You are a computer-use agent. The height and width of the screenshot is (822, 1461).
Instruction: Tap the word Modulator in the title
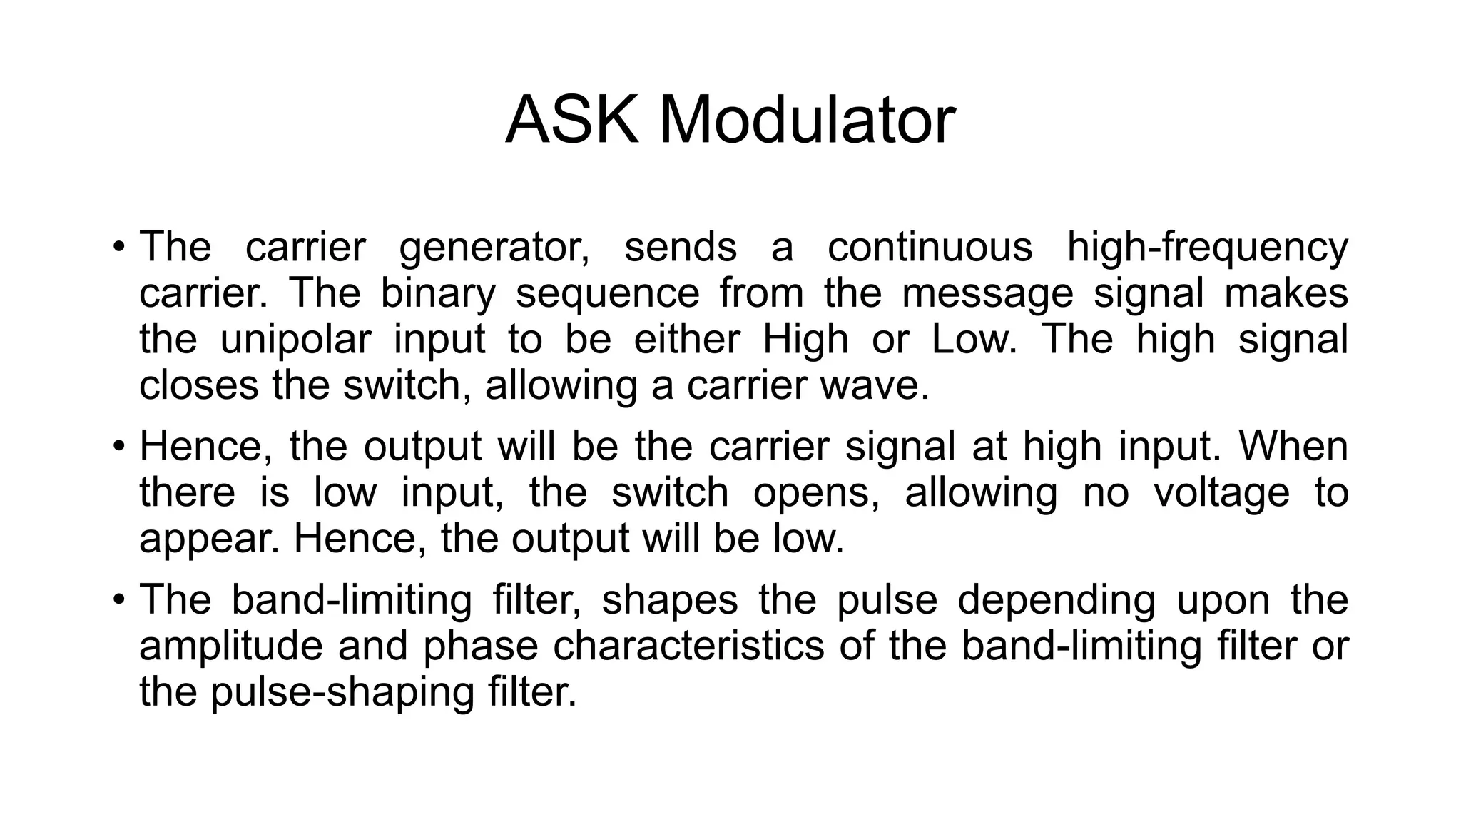806,120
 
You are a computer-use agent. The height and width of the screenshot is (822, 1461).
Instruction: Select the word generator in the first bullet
494,248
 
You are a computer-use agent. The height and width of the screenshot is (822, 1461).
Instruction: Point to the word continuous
930,247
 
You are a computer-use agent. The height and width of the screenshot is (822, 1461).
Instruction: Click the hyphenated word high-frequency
1207,248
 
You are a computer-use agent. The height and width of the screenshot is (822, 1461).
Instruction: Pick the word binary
437,294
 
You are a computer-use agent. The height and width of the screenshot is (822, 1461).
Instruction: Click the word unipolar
295,340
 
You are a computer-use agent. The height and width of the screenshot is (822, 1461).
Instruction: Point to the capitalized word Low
972,340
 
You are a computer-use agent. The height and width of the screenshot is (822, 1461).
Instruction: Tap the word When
1293,447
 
